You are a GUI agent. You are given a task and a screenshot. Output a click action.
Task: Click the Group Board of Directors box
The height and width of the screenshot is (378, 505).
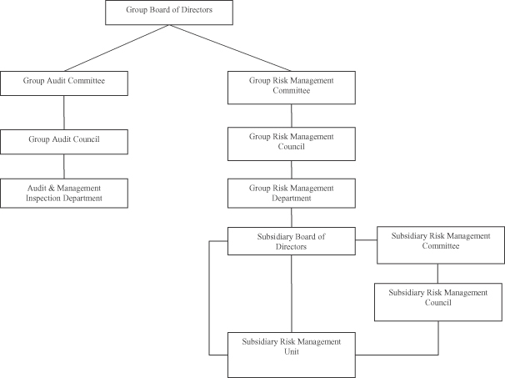(x=169, y=13)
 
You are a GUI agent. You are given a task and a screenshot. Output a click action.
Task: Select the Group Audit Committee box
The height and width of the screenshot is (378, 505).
(x=64, y=83)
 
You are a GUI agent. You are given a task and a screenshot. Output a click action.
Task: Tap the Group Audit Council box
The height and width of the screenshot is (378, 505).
(x=64, y=142)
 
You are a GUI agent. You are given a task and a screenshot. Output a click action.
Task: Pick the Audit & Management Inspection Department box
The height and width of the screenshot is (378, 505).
(x=64, y=194)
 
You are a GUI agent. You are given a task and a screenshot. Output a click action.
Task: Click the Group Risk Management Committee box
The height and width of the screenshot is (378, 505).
(x=292, y=88)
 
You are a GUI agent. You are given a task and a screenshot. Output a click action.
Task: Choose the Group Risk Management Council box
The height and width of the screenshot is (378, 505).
(x=292, y=144)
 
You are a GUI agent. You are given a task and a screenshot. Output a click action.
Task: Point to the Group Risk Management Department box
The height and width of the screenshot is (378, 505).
(x=292, y=194)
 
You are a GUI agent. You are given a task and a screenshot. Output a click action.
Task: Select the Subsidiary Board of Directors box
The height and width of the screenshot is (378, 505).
(x=292, y=241)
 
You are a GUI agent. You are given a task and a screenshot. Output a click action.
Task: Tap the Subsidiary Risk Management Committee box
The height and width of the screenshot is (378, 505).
(x=441, y=245)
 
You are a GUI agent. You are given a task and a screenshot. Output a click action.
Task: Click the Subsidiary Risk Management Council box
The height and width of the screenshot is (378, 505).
(x=438, y=302)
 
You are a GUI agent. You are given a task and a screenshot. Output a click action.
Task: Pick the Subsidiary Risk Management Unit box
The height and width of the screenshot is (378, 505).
(x=292, y=355)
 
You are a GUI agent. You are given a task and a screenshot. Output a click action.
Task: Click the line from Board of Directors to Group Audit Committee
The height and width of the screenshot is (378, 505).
(x=117, y=48)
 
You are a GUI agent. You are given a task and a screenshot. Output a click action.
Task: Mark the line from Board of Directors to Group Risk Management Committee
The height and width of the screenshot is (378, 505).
(x=230, y=48)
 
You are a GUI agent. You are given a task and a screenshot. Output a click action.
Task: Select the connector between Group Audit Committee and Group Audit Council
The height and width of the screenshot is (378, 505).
(x=64, y=113)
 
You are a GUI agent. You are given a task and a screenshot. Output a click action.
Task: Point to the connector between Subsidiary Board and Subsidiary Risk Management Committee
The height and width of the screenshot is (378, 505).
(x=366, y=240)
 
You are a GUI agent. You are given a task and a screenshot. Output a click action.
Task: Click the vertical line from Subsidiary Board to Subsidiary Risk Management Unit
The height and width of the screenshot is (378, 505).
(x=292, y=294)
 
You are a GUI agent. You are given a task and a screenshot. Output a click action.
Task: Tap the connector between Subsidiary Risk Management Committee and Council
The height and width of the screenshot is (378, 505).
(x=437, y=274)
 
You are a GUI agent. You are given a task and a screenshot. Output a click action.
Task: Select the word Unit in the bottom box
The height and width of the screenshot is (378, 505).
(x=292, y=351)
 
